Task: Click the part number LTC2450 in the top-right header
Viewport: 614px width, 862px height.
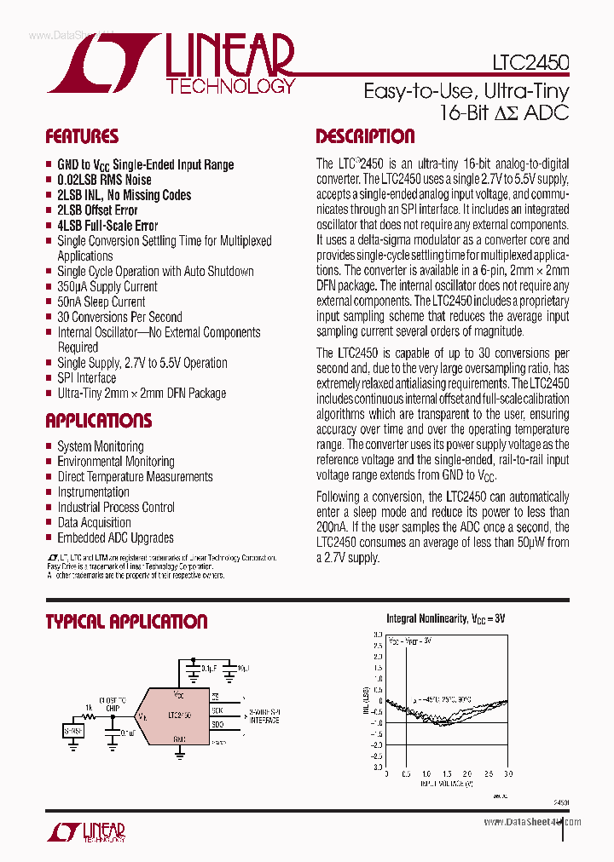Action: pos(530,63)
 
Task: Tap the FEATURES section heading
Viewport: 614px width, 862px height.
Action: pos(82,136)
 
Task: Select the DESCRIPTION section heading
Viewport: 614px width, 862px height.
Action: pos(365,136)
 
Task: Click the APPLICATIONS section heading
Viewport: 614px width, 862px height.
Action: pos(99,421)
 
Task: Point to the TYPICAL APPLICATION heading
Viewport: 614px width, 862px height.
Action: pos(126,622)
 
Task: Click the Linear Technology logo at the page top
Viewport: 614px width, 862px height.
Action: pos(171,65)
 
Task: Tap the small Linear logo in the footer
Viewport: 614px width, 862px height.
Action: pos(85,831)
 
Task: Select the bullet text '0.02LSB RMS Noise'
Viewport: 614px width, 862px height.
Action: pos(104,180)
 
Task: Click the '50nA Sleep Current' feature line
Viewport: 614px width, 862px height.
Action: pos(101,302)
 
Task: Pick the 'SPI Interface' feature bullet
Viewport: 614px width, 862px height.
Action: pos(86,378)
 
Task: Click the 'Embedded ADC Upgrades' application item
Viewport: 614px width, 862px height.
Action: pos(115,537)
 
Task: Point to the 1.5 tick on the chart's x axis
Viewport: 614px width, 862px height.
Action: pos(448,773)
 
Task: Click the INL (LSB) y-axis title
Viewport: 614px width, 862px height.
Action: pos(366,700)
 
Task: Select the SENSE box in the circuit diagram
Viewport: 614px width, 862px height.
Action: pos(74,730)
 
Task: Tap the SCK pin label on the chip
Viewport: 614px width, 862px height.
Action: pos(217,709)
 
